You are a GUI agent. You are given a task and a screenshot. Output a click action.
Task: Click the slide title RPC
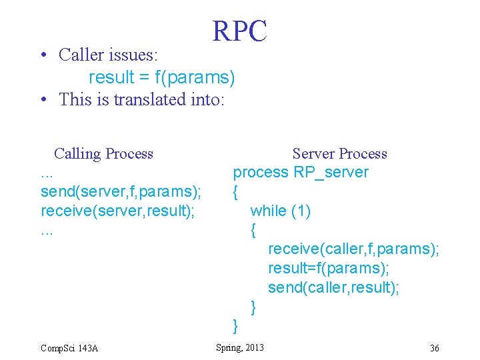click(x=239, y=31)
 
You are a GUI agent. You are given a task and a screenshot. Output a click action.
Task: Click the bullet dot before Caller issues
click(x=43, y=55)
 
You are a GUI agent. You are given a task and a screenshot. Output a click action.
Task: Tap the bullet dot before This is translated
click(x=43, y=100)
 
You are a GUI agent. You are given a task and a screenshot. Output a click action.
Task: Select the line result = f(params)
click(x=162, y=77)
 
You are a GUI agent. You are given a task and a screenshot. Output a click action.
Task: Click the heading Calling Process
click(x=103, y=154)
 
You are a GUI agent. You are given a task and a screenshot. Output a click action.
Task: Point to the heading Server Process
click(x=339, y=154)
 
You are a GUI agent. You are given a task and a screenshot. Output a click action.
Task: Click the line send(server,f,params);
click(x=121, y=193)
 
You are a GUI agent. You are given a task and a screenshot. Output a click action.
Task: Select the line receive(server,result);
click(x=117, y=212)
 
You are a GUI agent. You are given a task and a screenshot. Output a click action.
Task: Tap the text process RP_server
click(x=300, y=173)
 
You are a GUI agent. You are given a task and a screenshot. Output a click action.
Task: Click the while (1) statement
click(x=280, y=211)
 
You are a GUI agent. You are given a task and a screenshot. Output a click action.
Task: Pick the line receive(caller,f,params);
click(x=353, y=249)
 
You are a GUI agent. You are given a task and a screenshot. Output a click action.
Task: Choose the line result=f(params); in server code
click(x=329, y=269)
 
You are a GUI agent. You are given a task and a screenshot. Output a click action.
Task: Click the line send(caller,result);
click(x=333, y=287)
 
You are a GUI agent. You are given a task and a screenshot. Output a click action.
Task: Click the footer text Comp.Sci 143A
click(x=69, y=348)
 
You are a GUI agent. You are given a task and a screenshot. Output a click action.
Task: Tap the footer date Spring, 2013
click(x=240, y=347)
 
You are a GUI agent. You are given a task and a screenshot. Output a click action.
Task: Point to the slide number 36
click(x=434, y=348)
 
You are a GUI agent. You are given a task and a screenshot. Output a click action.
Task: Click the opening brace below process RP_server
click(x=235, y=193)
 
